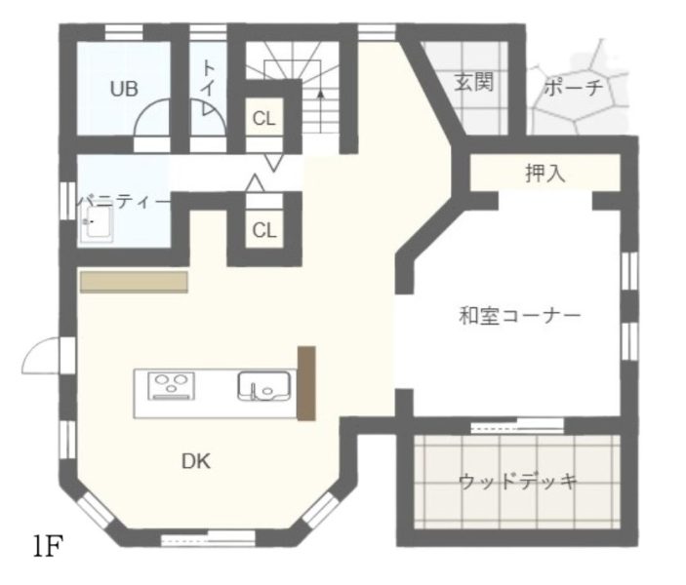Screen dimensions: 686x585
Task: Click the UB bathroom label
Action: (124, 89)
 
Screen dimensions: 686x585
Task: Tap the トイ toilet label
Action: (209, 78)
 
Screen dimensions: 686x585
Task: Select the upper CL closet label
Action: (264, 119)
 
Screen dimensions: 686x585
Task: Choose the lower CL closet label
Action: (264, 230)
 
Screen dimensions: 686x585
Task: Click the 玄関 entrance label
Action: (474, 82)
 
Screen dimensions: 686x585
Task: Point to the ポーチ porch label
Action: (573, 88)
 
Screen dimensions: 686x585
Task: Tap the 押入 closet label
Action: (545, 174)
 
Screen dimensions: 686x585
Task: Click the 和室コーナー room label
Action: (520, 316)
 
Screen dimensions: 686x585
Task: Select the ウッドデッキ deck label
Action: (518, 482)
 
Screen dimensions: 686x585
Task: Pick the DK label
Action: (195, 461)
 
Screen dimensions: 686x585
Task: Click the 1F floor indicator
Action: (48, 546)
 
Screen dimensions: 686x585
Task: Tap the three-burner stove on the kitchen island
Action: (171, 386)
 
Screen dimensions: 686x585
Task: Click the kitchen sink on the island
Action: (263, 386)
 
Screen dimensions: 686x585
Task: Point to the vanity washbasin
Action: (97, 224)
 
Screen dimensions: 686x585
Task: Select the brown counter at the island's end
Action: (306, 383)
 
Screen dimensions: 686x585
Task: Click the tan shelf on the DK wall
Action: (134, 282)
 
